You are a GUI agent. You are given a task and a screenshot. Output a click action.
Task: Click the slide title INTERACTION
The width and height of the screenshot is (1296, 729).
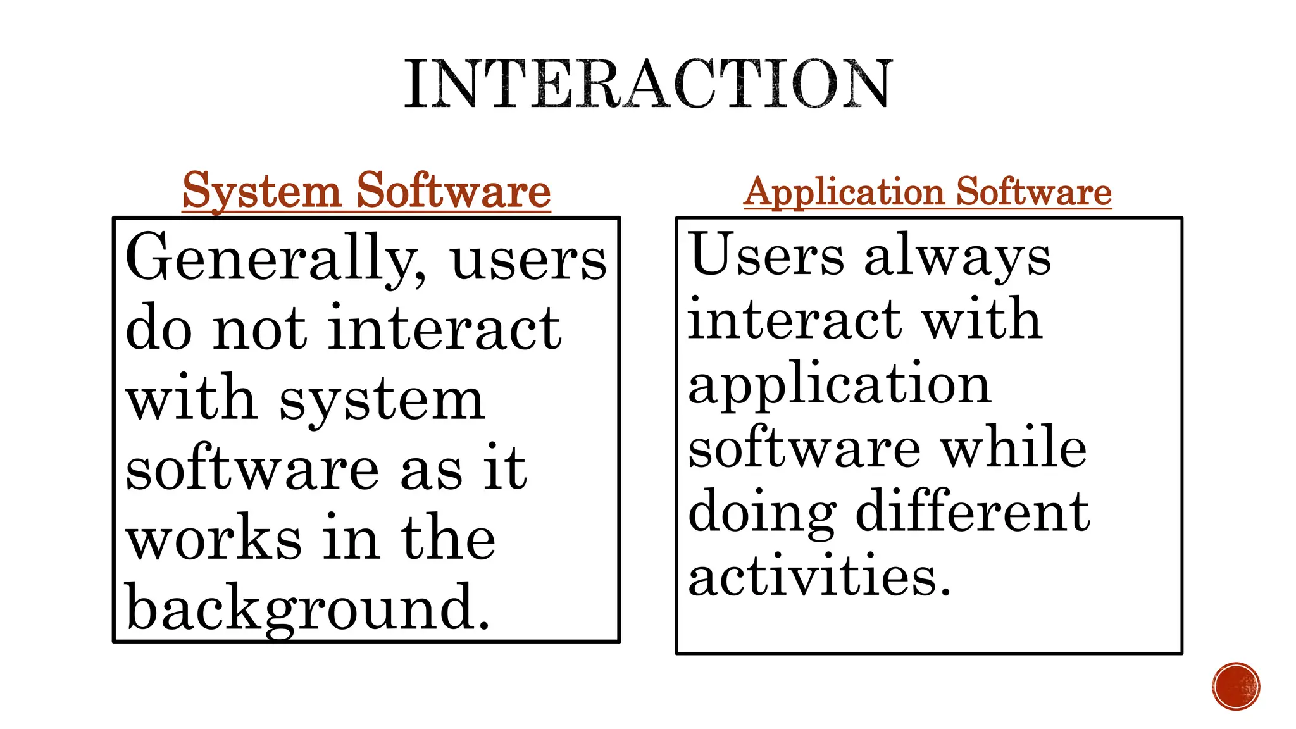pos(648,84)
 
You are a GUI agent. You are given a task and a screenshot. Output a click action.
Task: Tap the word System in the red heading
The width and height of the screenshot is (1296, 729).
pos(261,190)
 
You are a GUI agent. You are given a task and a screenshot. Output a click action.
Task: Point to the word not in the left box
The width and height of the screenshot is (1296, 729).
pos(259,328)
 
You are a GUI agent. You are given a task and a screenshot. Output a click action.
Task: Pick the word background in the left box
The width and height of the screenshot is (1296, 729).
pos(308,607)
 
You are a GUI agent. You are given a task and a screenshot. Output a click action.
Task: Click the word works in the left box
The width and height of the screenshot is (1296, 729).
pos(214,538)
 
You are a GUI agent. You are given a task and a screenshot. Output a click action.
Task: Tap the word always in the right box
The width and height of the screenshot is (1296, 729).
pos(957,258)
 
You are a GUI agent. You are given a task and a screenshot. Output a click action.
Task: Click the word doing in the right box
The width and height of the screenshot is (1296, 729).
pos(762,513)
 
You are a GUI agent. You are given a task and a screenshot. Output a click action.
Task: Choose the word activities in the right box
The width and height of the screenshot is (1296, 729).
pos(819,576)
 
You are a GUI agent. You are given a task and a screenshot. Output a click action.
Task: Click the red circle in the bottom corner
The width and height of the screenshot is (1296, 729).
pos(1236,687)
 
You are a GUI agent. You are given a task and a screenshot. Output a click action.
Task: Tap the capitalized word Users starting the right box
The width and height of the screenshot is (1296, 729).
pos(767,254)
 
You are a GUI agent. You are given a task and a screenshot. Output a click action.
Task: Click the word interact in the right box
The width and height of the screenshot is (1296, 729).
pos(794,320)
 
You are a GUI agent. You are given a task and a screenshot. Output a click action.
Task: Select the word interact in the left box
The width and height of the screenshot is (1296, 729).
pos(444,328)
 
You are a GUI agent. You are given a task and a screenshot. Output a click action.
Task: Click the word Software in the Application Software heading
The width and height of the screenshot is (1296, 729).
pos(1034,192)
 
